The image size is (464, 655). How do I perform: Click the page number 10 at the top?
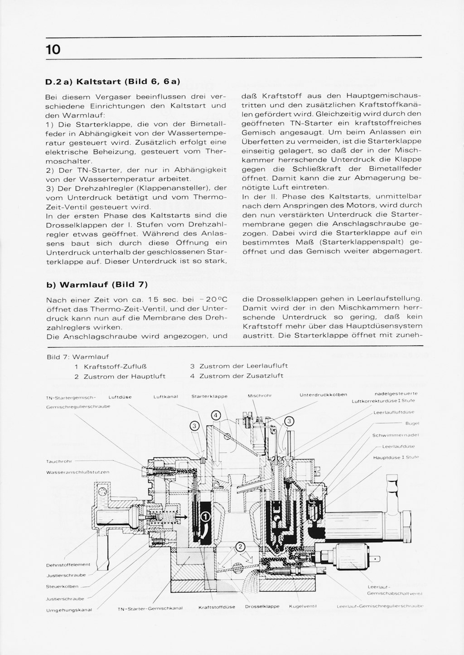coord(53,49)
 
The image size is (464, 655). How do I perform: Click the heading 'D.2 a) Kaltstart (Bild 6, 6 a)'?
coord(113,82)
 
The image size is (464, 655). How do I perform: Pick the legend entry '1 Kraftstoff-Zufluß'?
coord(113,366)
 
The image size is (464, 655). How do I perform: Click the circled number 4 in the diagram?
coord(216,415)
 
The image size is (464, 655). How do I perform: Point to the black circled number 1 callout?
coord(205,515)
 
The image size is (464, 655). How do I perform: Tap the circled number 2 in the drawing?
coord(240,546)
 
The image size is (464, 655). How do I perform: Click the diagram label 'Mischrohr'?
coord(260,396)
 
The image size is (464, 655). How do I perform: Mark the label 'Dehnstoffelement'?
coord(68,565)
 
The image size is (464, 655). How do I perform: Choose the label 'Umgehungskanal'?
coord(69,610)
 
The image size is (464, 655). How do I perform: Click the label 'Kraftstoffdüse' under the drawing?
coord(217,607)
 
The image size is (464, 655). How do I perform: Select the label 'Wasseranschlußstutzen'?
coord(77,472)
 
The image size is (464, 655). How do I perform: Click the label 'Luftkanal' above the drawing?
coord(166,397)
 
